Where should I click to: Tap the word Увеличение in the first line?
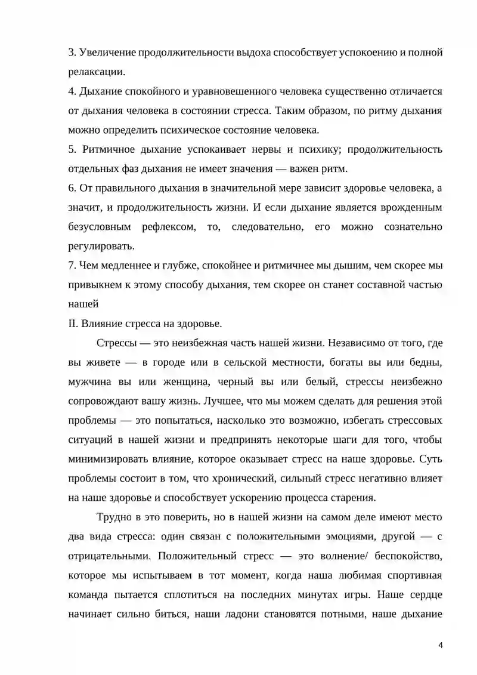[x=106, y=53]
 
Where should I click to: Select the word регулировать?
[x=101, y=246]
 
